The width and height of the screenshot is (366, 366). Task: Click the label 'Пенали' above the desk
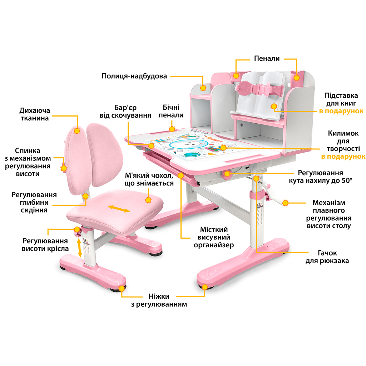tap(267, 59)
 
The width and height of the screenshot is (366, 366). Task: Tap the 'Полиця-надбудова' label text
tap(134, 76)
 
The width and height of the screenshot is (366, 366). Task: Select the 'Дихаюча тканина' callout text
tap(34, 114)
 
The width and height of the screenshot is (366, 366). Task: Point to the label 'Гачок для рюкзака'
tap(327, 257)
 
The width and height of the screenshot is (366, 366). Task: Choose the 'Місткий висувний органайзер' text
tap(214, 237)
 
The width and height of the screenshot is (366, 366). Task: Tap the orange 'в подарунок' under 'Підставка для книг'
tap(341, 111)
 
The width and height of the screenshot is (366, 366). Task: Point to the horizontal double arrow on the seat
tap(119, 209)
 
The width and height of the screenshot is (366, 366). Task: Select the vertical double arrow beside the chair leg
tap(80, 246)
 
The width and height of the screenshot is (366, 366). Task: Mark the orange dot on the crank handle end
tap(285, 203)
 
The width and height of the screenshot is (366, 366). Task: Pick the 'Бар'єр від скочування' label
tap(125, 111)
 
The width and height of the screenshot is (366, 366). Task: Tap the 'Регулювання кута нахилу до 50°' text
tap(320, 177)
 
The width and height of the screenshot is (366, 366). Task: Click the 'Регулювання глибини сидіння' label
tap(34, 202)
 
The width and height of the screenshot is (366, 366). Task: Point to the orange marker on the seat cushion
tap(148, 200)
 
